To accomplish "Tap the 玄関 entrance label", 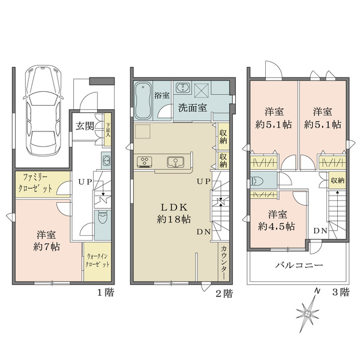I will click(85, 125).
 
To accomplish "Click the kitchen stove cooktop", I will click(146, 161).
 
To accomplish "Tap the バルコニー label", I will click(299, 265).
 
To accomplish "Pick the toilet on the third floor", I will click(259, 181).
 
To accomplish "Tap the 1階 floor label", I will click(104, 293).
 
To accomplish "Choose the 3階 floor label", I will click(340, 293).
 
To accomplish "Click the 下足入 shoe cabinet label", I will click(108, 127).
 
